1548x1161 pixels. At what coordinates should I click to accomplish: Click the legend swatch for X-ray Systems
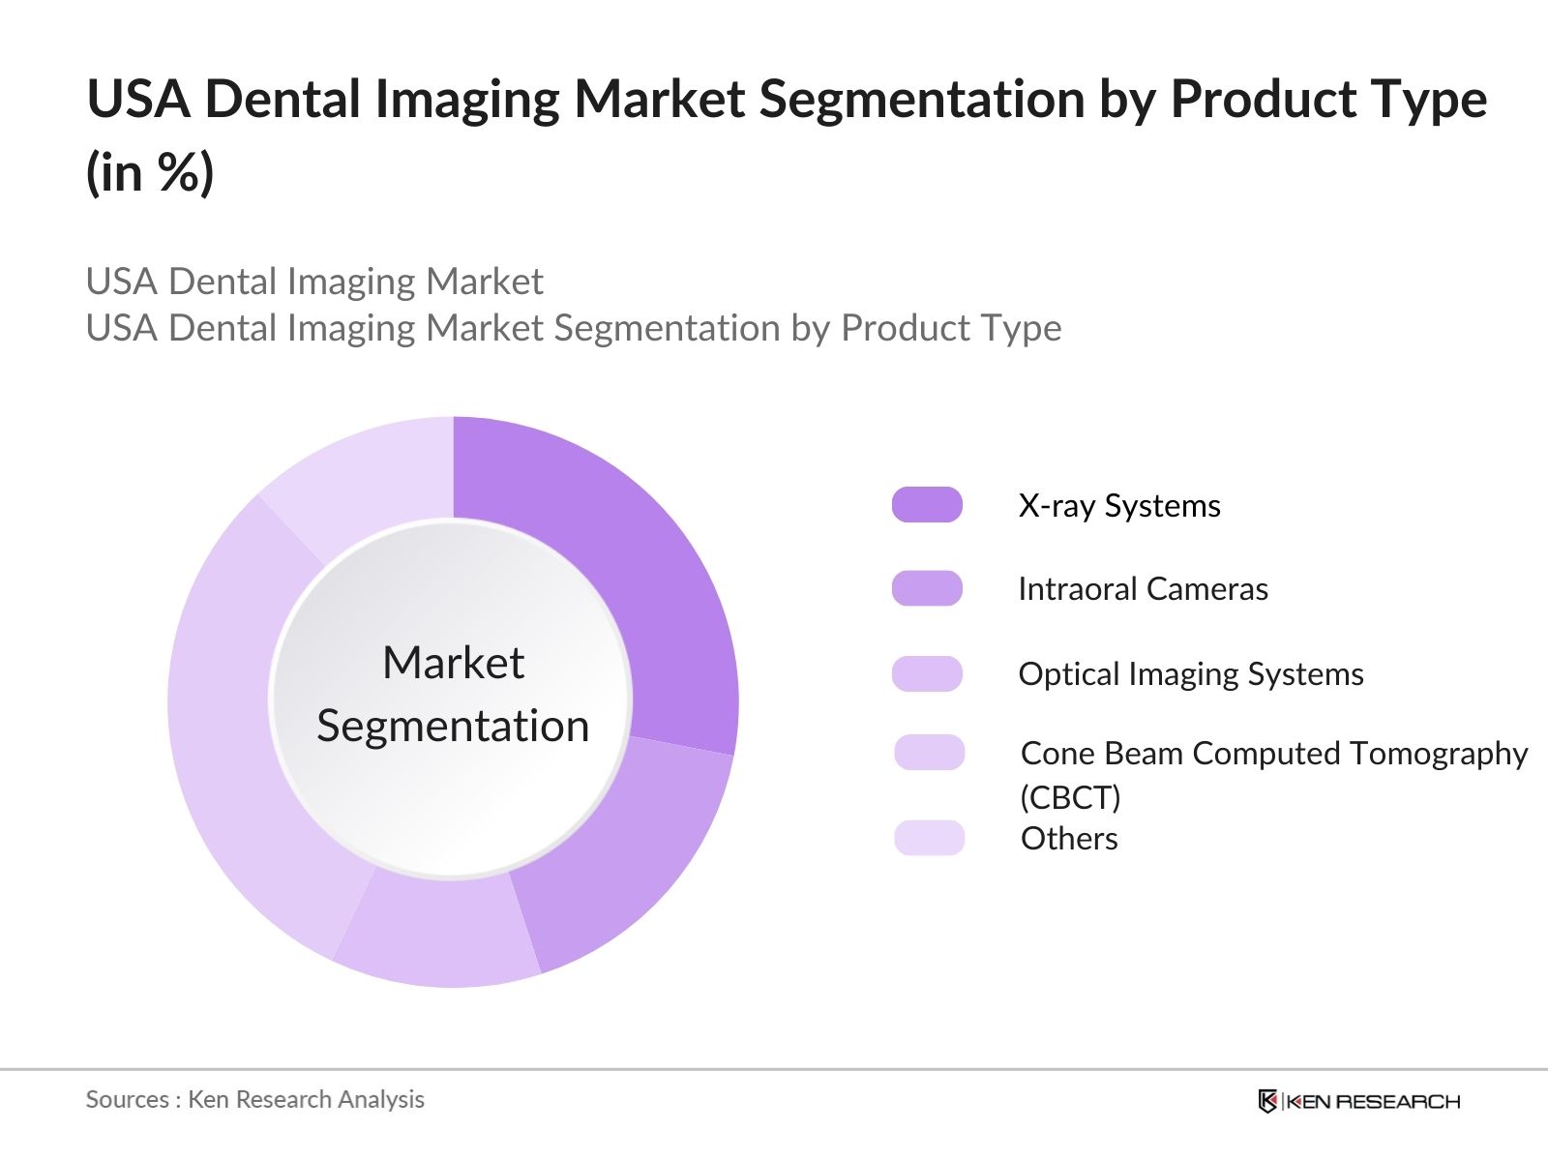tap(927, 505)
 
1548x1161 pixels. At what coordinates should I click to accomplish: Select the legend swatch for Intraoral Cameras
tap(927, 588)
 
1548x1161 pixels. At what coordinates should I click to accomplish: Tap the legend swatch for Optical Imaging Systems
tap(927, 673)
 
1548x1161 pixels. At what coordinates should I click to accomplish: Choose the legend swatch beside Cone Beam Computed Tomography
tap(929, 753)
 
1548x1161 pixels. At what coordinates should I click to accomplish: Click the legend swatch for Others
tap(929, 838)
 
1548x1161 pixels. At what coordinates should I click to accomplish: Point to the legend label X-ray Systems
tap(1119, 505)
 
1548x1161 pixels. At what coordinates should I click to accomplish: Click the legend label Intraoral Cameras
tap(1143, 588)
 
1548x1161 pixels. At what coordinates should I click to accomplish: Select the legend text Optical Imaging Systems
tap(1191, 673)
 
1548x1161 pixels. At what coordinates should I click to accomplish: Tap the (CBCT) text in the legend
tap(1070, 797)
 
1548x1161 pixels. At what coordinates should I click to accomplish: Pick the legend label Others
tap(1069, 838)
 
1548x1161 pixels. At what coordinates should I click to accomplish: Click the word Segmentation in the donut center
tap(453, 726)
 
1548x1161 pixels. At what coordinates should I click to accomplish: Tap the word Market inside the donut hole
tap(453, 663)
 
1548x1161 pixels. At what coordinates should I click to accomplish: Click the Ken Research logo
tap(1358, 1101)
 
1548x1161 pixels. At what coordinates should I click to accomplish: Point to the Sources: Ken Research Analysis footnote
tap(254, 1099)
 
